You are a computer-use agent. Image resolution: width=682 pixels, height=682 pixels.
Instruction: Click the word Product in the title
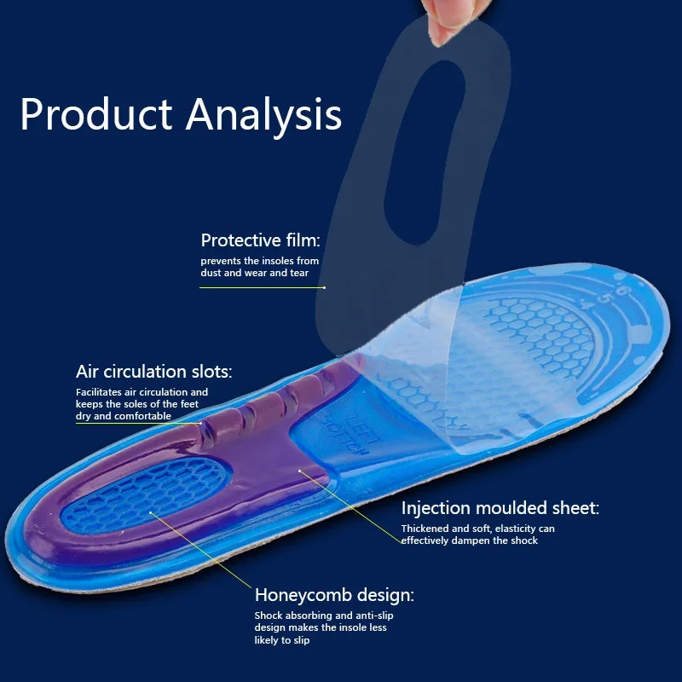(95, 114)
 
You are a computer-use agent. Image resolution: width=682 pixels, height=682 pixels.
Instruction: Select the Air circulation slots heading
(153, 372)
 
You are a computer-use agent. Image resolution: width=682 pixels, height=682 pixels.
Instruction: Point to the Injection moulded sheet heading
(500, 508)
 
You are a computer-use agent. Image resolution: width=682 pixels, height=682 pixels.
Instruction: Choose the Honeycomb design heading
(334, 595)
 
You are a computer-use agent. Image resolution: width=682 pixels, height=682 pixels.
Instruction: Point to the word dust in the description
(212, 273)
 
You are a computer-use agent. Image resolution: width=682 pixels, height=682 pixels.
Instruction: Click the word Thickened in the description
(426, 529)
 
